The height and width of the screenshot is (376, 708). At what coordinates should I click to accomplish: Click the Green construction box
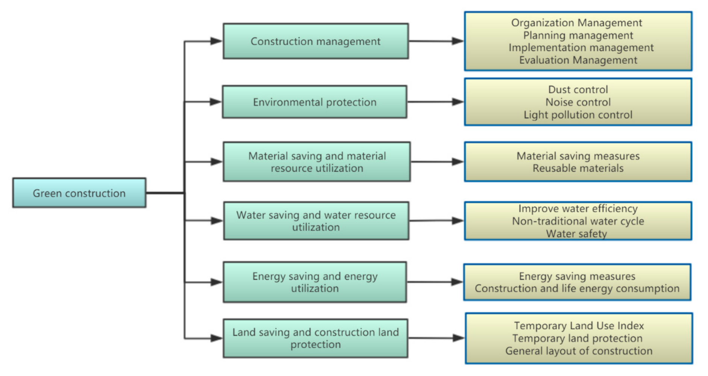pos(79,193)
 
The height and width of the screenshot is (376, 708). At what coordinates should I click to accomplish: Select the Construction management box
pos(315,41)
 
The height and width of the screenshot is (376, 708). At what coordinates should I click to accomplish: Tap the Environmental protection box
pos(314,102)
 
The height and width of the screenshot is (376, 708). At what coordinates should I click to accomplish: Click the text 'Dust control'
pos(578,89)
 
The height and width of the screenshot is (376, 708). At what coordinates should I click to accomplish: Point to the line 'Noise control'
pos(578,102)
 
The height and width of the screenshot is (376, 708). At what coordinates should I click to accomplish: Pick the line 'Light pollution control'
pos(578,115)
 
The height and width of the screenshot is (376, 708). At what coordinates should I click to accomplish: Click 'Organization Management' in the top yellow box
pos(576,23)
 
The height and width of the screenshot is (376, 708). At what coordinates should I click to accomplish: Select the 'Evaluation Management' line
pos(578,60)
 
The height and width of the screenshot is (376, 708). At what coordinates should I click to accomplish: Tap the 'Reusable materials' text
pos(578,168)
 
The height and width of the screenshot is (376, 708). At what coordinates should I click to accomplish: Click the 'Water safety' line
pos(576,233)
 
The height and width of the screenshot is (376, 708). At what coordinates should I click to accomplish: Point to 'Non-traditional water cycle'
pos(578,221)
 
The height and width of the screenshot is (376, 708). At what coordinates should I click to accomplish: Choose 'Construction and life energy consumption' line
pos(577,288)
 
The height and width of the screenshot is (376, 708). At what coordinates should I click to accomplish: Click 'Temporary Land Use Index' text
pos(579,326)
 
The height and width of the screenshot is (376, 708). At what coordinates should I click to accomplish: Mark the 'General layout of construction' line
pos(579,351)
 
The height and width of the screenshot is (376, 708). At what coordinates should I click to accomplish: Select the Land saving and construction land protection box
pos(315,338)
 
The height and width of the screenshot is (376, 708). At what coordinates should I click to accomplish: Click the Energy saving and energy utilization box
pos(315,282)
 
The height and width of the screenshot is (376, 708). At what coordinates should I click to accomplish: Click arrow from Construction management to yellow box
pos(436,41)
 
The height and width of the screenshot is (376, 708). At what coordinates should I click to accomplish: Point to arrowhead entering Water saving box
pos(217,221)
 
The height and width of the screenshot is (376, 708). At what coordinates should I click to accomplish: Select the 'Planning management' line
pos(578,35)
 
